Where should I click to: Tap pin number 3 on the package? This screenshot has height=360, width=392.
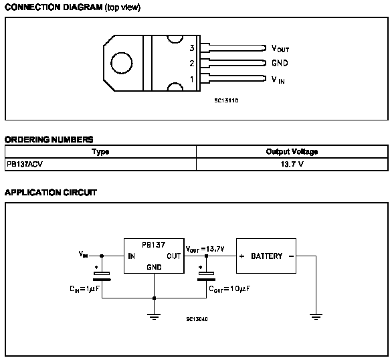click(x=192, y=48)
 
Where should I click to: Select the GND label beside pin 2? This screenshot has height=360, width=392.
click(x=280, y=63)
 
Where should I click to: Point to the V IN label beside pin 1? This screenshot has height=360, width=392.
click(x=278, y=80)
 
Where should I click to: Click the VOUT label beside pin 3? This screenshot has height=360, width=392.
click(x=280, y=48)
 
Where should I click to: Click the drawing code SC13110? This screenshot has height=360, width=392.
click(x=226, y=100)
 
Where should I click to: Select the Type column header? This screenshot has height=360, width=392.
click(x=100, y=152)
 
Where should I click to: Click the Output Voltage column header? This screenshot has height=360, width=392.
click(x=292, y=151)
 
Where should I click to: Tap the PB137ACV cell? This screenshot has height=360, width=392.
click(x=25, y=164)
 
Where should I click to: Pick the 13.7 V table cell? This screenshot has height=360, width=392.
click(x=292, y=164)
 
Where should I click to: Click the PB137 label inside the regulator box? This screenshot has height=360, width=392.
click(x=153, y=245)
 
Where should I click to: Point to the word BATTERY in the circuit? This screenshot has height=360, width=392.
click(x=266, y=256)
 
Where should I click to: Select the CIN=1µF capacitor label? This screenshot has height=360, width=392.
click(x=84, y=289)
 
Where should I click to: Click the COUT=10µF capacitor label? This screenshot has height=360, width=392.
click(x=229, y=289)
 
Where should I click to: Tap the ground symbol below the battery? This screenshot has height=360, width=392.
click(x=316, y=317)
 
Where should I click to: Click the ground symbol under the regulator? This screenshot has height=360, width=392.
click(x=154, y=317)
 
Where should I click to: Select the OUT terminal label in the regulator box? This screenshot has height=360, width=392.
click(x=174, y=256)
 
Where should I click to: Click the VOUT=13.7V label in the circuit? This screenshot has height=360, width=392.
click(x=205, y=249)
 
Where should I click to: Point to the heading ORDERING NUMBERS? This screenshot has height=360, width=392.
click(x=49, y=139)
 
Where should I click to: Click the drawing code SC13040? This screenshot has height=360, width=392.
click(x=197, y=319)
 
